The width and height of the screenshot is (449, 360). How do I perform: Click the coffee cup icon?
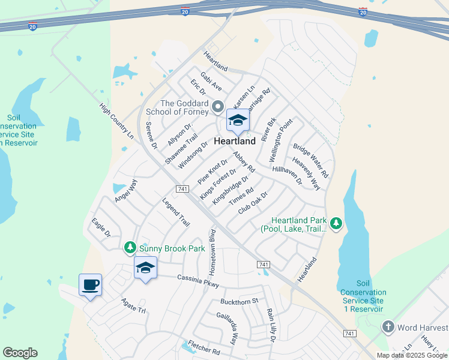90,285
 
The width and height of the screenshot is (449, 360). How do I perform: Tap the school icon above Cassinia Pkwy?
145,268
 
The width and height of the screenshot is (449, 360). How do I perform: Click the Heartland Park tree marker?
336,224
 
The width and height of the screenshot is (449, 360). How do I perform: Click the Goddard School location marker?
218,107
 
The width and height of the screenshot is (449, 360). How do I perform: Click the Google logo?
20,353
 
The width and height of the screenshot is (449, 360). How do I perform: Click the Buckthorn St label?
239,301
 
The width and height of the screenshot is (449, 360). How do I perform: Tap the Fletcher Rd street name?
204,347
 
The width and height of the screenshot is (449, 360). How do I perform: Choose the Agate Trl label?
133,306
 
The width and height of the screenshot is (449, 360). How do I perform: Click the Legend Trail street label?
176,212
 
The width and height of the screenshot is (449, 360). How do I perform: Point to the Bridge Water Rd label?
310,160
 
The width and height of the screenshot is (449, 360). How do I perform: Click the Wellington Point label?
282,140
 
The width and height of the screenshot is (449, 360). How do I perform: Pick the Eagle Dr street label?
101,228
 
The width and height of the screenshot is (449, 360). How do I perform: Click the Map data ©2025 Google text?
412,355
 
